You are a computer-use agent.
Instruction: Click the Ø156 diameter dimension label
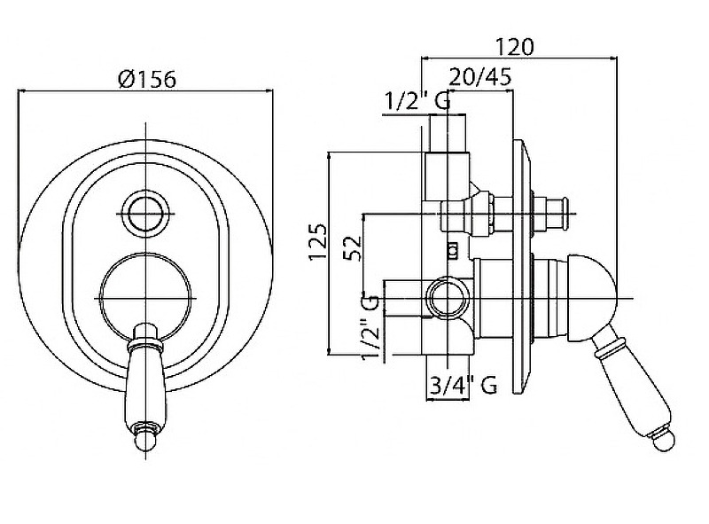tap(146, 78)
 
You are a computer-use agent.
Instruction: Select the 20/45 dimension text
tap(479, 77)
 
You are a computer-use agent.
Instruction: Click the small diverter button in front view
tap(144, 211)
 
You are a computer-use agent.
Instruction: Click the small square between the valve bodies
tap(452, 250)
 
